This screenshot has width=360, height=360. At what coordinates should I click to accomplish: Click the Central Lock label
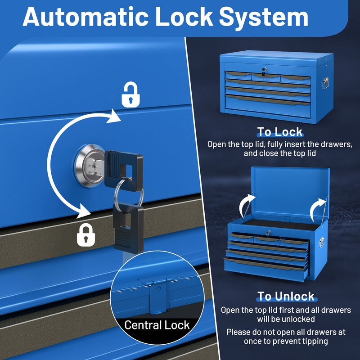pyautogui.click(x=157, y=325)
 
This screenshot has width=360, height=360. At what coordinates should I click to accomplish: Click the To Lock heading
pyautogui.click(x=279, y=132)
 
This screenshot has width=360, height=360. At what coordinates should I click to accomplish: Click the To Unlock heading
pyautogui.click(x=286, y=297)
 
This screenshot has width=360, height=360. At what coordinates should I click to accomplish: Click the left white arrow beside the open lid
pyautogui.click(x=246, y=205)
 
